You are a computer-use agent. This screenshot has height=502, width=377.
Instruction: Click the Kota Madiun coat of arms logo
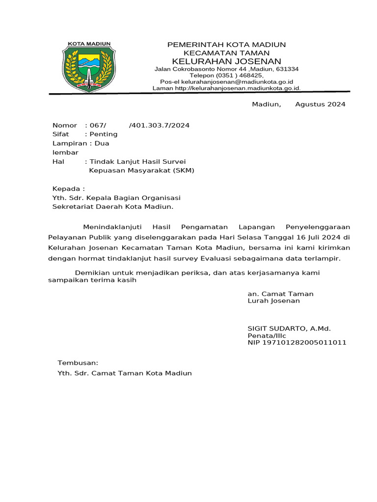click(x=89, y=67)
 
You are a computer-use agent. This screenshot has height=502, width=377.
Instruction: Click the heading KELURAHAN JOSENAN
click(x=226, y=61)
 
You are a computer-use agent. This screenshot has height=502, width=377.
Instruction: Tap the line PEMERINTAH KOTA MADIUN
click(x=226, y=45)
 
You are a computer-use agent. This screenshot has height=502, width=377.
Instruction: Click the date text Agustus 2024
click(x=320, y=104)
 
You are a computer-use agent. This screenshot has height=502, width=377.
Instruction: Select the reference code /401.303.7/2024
click(x=159, y=125)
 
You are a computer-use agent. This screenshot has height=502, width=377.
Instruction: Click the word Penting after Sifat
click(x=103, y=134)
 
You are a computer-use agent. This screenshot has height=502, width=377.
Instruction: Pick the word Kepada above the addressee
click(x=67, y=189)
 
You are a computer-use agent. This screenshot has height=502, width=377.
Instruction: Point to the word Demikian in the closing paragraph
click(x=91, y=273)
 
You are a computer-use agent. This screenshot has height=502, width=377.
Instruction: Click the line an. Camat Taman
click(x=280, y=294)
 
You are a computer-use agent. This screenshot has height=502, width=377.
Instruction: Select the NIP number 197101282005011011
click(x=297, y=343)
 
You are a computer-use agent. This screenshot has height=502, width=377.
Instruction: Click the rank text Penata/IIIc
click(x=267, y=336)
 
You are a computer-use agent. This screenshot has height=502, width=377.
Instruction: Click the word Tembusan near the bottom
click(x=78, y=363)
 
